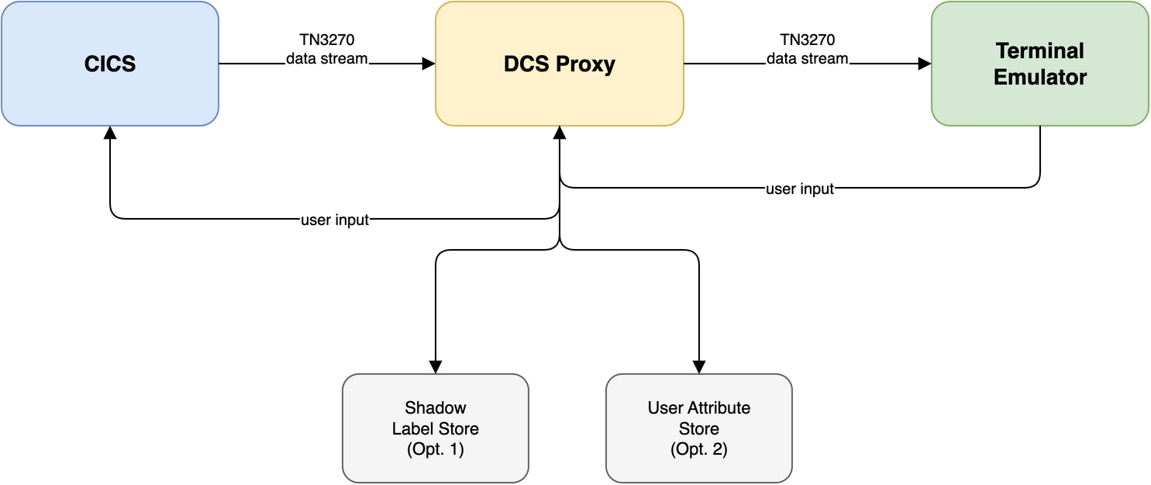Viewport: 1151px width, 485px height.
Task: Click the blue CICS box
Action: point(109,64)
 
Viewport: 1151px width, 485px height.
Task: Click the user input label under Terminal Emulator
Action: point(800,189)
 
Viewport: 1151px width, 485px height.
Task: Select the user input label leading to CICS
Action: point(334,220)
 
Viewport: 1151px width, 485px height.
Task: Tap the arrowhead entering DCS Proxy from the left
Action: point(429,64)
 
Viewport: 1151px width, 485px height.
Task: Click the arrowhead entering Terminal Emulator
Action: point(925,64)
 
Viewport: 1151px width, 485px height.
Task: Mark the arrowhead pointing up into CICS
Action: point(110,133)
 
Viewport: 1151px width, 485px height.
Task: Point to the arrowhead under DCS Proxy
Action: point(560,133)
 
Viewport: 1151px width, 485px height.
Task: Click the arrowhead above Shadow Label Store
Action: point(436,367)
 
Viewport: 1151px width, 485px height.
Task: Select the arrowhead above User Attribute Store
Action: point(699,367)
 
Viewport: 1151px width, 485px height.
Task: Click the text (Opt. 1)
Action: point(435,449)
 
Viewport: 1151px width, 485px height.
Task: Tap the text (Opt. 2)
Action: point(698,449)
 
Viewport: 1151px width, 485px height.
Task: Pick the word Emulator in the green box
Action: point(1040,78)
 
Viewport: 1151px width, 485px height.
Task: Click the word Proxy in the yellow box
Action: point(587,64)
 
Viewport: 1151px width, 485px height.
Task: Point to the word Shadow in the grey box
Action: point(435,407)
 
